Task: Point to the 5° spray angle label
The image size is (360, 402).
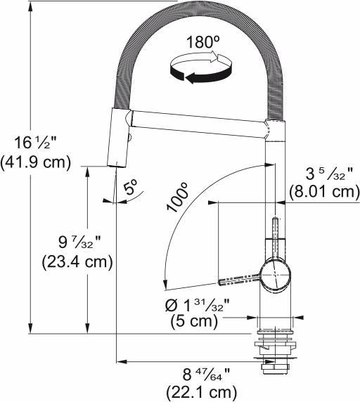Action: (130, 188)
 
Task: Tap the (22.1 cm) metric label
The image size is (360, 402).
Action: (200, 391)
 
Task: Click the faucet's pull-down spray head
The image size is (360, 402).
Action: (117, 137)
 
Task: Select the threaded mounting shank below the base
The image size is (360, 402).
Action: (274, 355)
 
